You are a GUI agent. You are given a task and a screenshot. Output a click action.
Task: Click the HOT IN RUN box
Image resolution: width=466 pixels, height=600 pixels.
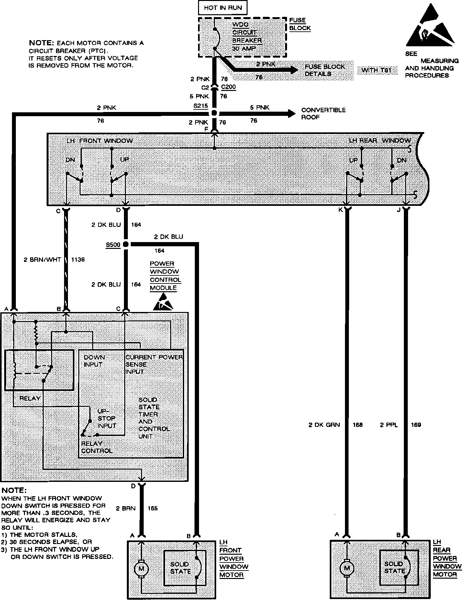223,8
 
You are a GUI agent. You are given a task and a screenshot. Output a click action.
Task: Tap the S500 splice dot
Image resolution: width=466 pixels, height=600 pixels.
126,244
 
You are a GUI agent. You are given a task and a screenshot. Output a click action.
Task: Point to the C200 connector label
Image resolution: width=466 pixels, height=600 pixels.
228,87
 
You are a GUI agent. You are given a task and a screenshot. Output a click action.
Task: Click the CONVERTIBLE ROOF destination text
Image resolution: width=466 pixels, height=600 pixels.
323,114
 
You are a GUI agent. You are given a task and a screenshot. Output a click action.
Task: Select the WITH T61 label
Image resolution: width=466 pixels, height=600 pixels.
377,70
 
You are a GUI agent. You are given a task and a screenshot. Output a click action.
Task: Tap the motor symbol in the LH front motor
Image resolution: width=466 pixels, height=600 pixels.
141,569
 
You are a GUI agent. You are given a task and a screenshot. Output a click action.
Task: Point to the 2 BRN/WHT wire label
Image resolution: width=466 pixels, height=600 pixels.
42,260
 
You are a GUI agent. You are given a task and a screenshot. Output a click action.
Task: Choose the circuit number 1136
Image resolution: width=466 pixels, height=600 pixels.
78,260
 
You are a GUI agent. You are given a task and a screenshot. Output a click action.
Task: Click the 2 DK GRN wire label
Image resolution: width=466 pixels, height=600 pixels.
324,425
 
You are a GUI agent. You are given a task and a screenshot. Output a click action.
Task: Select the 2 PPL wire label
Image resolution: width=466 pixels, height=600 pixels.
389,425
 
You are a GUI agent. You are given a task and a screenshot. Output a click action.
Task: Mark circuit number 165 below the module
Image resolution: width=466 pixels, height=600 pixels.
152,508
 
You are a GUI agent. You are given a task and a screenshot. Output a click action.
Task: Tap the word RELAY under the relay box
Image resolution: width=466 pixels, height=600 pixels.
30,398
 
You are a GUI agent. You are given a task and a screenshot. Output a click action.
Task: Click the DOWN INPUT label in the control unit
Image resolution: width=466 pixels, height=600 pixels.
94,361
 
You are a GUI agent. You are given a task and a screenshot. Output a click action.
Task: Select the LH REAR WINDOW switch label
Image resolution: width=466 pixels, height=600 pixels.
380,140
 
